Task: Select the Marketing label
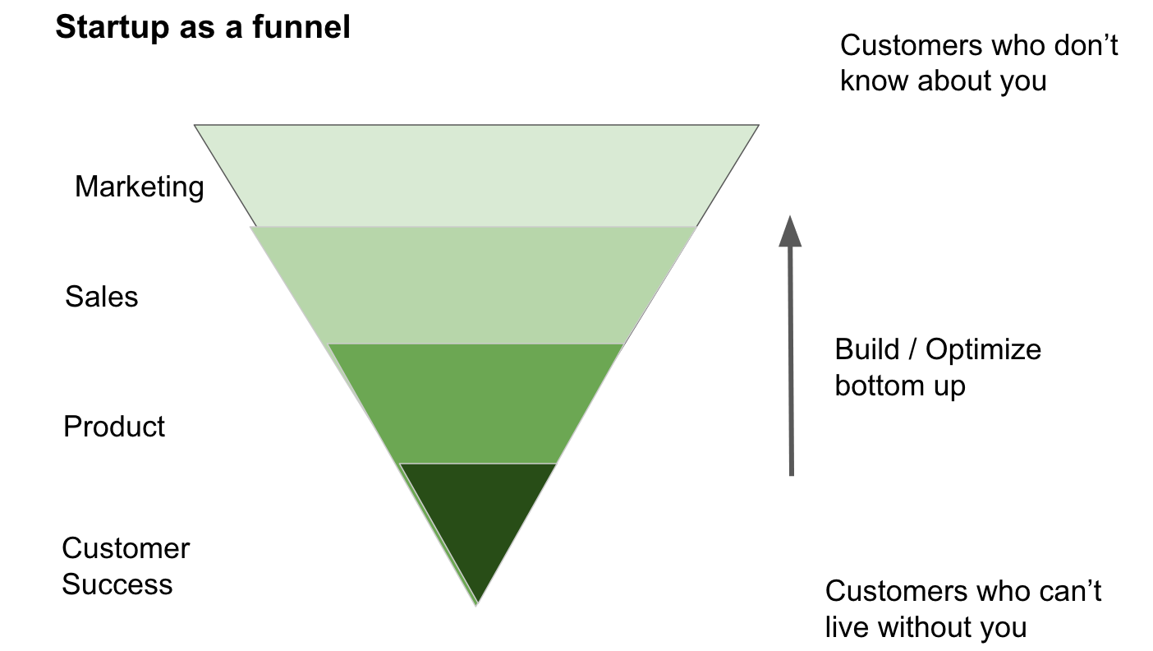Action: pos(139,187)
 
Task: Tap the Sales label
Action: pos(102,297)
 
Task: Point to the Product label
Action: pos(114,427)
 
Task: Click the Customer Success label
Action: pos(125,566)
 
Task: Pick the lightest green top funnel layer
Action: pos(476,175)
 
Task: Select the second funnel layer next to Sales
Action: pos(475,285)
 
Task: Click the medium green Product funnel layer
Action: pos(476,403)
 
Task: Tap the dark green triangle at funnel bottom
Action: pos(478,518)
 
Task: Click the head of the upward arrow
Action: pos(790,231)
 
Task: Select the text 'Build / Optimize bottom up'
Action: pos(937,367)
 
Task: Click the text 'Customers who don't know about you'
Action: pos(978,63)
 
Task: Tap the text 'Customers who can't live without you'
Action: pos(962,609)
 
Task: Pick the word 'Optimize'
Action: pos(983,350)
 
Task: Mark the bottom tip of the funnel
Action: pos(477,603)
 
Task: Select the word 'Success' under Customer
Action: pos(117,585)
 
